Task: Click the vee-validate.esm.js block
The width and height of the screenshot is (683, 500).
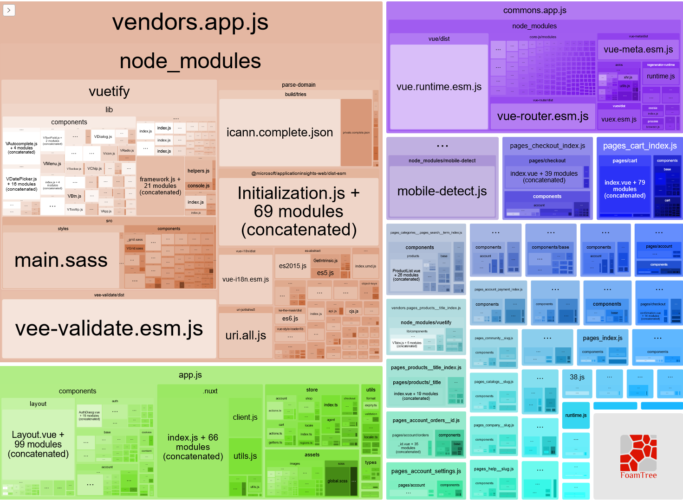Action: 109,328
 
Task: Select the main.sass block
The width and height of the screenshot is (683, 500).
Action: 61,260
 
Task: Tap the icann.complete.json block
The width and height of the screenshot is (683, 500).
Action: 280,133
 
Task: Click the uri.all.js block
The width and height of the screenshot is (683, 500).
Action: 246,335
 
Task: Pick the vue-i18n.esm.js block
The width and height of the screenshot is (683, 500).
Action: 246,279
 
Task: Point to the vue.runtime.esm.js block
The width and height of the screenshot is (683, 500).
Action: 439,87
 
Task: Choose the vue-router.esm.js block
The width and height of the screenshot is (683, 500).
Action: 542,116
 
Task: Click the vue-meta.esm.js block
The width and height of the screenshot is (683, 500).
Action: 638,50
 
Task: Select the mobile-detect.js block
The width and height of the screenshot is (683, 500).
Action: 442,191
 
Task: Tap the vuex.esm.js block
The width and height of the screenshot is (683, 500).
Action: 619,119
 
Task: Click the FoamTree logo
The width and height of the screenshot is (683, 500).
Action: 638,457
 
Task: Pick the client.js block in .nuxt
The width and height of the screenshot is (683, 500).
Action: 245,417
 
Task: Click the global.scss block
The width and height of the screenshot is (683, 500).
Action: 337,481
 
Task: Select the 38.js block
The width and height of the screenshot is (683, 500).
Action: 577,377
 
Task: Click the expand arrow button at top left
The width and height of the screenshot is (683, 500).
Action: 9,10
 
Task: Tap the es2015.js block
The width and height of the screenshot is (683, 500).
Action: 293,266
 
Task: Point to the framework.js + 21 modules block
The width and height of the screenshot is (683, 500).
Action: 160,186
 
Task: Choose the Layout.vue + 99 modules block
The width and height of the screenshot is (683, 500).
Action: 38,444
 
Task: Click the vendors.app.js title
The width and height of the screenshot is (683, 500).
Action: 190,22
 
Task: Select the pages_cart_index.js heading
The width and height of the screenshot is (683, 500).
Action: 639,146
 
